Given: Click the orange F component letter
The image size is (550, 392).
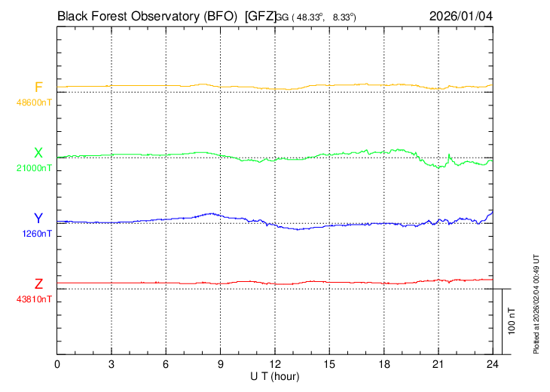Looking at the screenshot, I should [x=38, y=87].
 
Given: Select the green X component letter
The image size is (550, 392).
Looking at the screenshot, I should [x=38, y=153].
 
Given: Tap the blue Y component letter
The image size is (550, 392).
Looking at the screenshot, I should [x=38, y=219].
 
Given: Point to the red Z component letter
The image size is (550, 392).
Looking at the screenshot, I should [x=38, y=284].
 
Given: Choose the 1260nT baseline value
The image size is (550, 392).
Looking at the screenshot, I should [x=36, y=234].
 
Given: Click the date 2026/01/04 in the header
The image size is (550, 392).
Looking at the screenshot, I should [x=461, y=15].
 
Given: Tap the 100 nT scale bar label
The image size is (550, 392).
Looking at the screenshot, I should [x=512, y=321].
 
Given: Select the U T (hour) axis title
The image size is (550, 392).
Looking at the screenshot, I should [x=275, y=375].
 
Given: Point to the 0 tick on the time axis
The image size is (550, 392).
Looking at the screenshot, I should [x=58, y=364].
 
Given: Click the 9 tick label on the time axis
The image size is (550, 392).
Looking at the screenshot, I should [x=221, y=364].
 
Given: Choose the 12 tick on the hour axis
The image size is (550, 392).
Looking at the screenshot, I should [x=275, y=364].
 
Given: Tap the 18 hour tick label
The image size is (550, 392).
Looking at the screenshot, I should [x=383, y=364].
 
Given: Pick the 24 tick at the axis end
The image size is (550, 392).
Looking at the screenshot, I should [x=492, y=364].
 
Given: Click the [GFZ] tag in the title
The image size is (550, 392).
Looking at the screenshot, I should [x=261, y=15].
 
